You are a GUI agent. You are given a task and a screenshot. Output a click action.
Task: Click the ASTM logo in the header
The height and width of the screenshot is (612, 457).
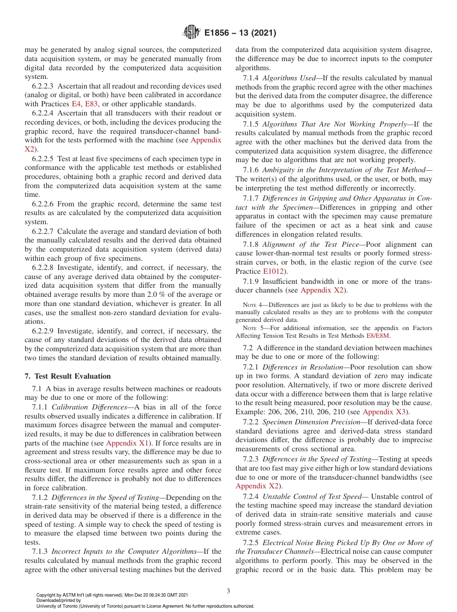191,33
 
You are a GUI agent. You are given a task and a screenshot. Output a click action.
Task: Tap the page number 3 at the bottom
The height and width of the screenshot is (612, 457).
228,591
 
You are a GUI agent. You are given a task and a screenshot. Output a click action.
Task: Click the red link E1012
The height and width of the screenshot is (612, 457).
272,271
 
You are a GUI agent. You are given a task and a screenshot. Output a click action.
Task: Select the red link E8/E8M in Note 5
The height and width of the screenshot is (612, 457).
378,335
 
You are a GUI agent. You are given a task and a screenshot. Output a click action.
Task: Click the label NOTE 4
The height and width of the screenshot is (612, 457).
253,305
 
